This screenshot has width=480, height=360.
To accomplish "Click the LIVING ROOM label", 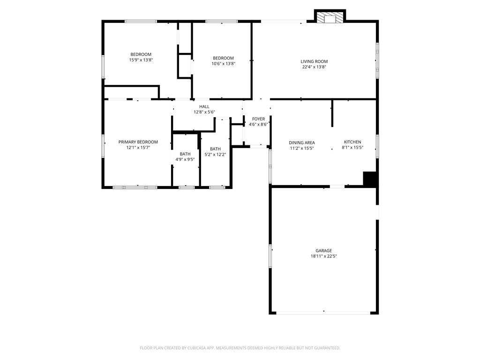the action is click(x=314, y=61).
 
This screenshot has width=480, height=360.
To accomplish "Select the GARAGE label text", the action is click(x=323, y=250).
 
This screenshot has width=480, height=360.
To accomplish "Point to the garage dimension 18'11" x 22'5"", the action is click(x=323, y=256).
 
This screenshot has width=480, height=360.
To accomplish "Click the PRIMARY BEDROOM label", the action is click(x=138, y=142).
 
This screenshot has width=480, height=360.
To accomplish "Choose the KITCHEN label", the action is click(x=352, y=142).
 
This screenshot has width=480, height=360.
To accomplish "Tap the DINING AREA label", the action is click(x=302, y=142).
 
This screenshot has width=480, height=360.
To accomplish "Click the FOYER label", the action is click(x=259, y=119).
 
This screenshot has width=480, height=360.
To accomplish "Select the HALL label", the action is click(x=204, y=106).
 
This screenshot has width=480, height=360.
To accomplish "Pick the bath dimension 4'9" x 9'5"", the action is click(x=185, y=159).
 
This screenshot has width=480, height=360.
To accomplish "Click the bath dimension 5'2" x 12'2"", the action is click(x=215, y=155).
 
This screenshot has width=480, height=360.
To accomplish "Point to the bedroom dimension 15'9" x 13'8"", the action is click(x=141, y=60).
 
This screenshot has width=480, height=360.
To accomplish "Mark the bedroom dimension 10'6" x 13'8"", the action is click(x=223, y=64).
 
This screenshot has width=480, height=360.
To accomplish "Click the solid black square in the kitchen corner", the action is click(x=369, y=179).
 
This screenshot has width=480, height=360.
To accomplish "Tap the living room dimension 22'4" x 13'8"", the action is click(x=314, y=67).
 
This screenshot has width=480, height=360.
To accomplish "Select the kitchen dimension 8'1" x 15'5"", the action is click(x=352, y=147).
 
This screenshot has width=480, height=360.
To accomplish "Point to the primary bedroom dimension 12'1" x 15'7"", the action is click(x=138, y=147).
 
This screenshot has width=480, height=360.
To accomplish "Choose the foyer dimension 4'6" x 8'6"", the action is click(x=259, y=124).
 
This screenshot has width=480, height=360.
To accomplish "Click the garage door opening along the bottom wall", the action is click(x=323, y=313).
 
